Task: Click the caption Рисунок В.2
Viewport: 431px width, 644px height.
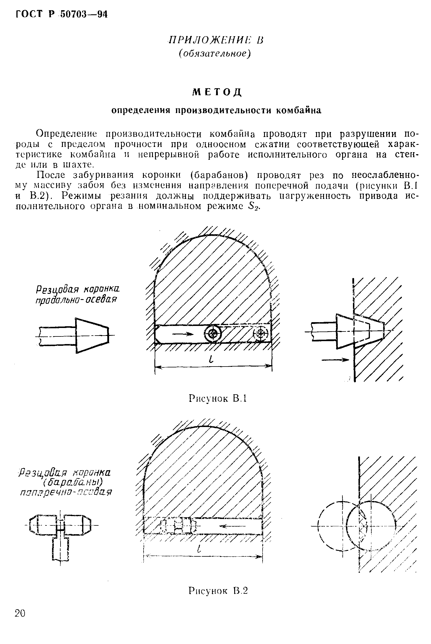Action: tap(218, 591)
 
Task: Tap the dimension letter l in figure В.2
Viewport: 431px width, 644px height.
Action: tap(199, 550)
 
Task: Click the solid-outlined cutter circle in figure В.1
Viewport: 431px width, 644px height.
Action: tap(213, 333)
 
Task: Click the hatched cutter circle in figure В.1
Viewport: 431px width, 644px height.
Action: tap(261, 333)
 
